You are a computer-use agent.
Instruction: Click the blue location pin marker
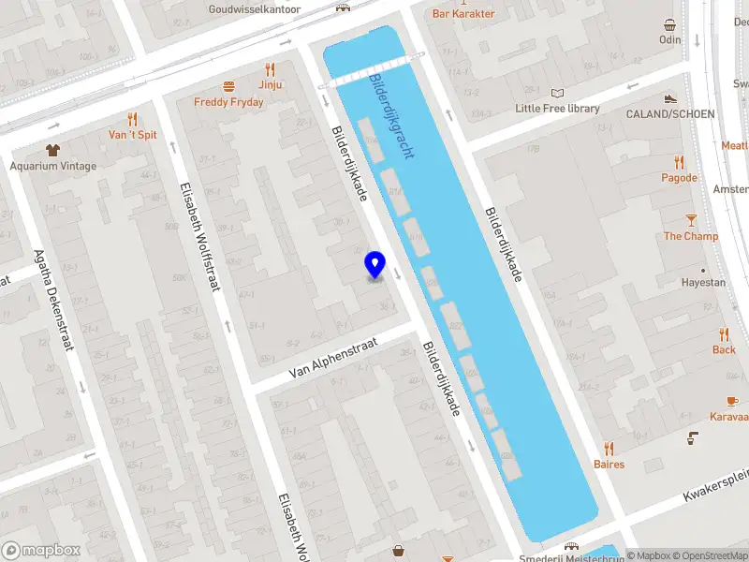374,265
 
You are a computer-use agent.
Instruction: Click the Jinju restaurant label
271,84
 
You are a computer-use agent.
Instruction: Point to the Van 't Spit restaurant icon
132,119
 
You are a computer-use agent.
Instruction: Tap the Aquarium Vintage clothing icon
53,150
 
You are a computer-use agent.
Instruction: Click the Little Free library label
557,109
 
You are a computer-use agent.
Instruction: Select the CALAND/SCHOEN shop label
669,114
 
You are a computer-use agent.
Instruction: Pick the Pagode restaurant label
679,178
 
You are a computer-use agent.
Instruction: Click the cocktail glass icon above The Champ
691,220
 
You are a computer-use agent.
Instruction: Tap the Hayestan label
703,282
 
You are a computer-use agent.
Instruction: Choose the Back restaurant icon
724,334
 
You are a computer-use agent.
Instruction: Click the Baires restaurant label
609,465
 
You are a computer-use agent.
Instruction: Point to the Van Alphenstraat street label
332,358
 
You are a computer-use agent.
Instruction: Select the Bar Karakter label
463,14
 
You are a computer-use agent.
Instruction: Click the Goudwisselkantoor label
256,8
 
